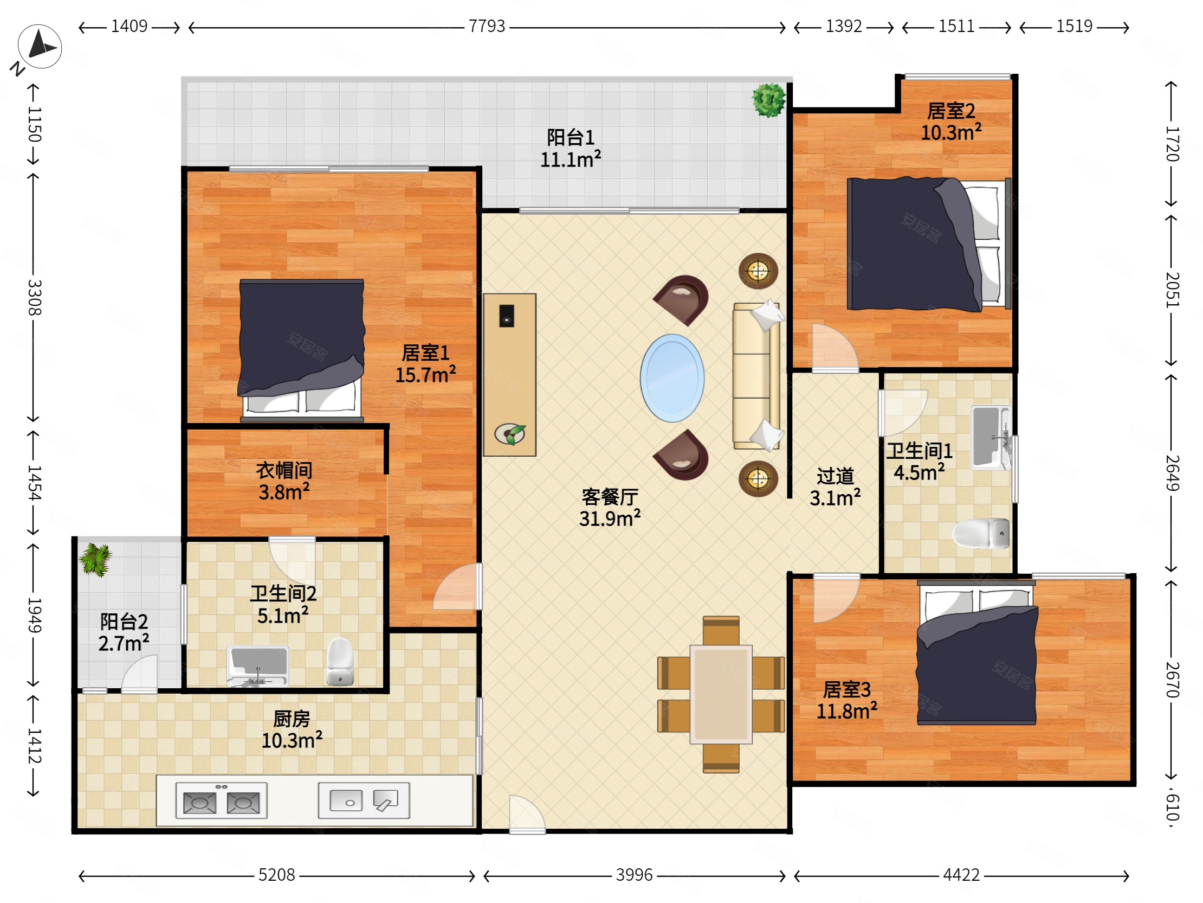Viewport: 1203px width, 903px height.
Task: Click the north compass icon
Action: pyautogui.click(x=39, y=47)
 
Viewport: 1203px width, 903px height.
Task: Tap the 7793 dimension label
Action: pyautogui.click(x=487, y=26)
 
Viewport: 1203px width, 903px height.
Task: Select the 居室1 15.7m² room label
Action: pyautogui.click(x=425, y=364)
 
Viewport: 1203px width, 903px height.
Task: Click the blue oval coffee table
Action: pyautogui.click(x=672, y=378)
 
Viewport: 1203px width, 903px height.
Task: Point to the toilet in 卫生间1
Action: pyautogui.click(x=981, y=533)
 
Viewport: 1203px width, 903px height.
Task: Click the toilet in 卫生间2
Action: pyautogui.click(x=340, y=661)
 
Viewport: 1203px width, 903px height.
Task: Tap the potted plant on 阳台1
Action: pyautogui.click(x=769, y=100)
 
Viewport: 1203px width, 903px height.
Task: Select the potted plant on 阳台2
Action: pyautogui.click(x=96, y=560)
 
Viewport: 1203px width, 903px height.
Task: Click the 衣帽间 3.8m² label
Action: pyautogui.click(x=284, y=481)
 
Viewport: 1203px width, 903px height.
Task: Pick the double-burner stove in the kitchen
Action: pyautogui.click(x=221, y=800)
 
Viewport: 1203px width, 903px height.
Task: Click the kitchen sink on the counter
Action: pyautogui.click(x=364, y=800)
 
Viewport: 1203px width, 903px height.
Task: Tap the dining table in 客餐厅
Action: pyautogui.click(x=721, y=695)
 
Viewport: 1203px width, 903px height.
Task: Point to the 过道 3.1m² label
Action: pyautogui.click(x=835, y=487)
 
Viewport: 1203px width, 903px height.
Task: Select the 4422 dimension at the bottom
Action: pyautogui.click(x=961, y=875)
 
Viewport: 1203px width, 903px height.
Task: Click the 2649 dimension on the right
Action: pyautogui.click(x=1172, y=473)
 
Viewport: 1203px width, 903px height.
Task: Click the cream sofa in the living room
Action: pyautogui.click(x=756, y=376)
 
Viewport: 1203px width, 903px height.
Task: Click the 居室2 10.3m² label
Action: pyautogui.click(x=950, y=122)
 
